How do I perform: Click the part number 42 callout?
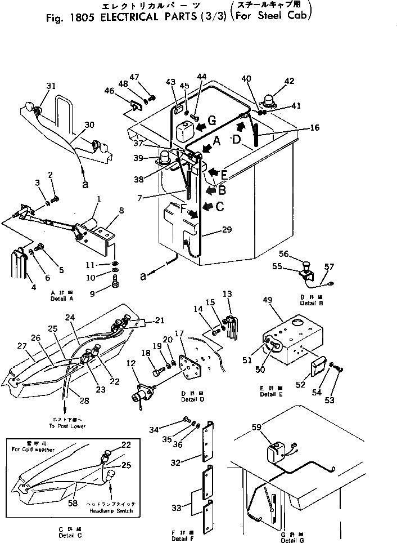[x=290, y=81]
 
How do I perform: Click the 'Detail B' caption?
[x=311, y=303]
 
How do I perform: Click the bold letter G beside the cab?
[x=211, y=121]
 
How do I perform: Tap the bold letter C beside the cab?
[x=219, y=207]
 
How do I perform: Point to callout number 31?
[x=51, y=86]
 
